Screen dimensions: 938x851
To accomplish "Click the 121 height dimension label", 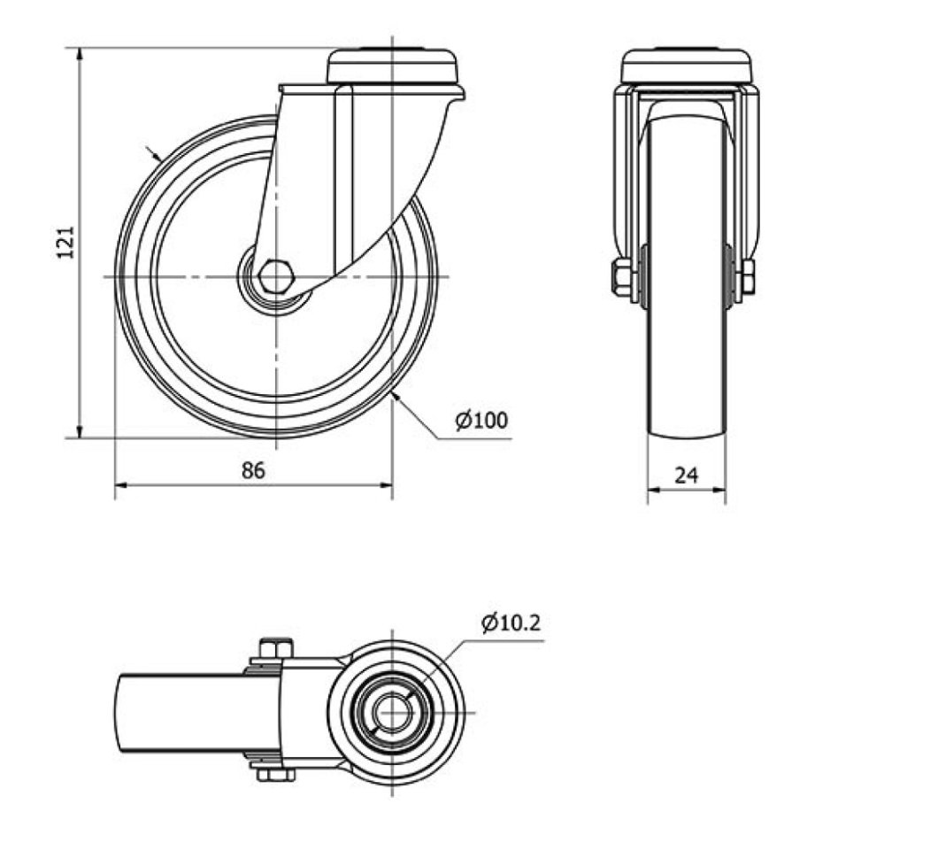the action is (x=65, y=242).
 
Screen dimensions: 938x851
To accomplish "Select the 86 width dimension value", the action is (x=254, y=470).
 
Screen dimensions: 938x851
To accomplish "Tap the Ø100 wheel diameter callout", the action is (x=481, y=420).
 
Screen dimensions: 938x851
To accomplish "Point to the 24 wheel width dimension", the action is (x=687, y=476).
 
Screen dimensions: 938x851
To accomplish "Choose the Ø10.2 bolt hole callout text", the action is (x=511, y=623).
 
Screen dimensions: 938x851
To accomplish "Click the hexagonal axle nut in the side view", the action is (x=276, y=276).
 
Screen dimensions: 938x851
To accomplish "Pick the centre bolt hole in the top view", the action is (x=392, y=712).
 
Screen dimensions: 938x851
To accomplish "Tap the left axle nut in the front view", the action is (x=621, y=277).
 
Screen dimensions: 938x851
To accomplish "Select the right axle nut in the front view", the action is (x=747, y=277).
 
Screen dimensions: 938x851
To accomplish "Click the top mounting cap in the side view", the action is (x=392, y=66).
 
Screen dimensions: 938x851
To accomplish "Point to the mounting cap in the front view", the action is (x=686, y=66).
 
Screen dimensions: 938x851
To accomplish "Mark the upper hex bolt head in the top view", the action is (x=276, y=648).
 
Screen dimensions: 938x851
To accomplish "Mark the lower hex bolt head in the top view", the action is (x=276, y=775).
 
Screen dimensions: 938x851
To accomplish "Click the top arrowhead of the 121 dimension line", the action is (x=80, y=55).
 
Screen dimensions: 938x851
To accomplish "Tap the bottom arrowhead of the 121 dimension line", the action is (x=80, y=430).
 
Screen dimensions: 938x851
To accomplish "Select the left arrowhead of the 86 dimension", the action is (x=122, y=484).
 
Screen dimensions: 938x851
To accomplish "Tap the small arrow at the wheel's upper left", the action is (x=154, y=153).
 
